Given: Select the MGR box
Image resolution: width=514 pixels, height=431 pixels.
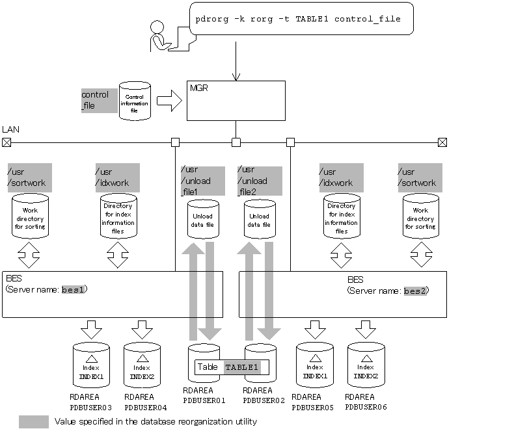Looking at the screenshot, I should click(236, 100).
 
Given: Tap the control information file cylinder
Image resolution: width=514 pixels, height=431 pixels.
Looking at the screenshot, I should click(135, 100).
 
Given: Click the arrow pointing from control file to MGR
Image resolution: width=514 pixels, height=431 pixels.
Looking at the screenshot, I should click(169, 101).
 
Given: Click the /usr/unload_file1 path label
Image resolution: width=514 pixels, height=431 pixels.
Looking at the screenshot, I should click(202, 181).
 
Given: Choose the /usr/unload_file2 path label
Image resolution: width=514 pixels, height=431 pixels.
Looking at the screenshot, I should click(260, 181).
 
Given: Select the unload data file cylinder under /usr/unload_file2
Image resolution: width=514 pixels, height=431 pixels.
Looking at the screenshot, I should click(260, 220).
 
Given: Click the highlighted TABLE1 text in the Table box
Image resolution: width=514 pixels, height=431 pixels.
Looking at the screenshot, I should click(241, 367).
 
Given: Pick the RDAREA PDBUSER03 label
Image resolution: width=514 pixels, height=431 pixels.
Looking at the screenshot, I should click(91, 402).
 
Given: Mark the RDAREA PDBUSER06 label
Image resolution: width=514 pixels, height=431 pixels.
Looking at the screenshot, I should click(366, 402).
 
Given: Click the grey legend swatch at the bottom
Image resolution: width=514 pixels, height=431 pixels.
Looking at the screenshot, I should click(34, 422).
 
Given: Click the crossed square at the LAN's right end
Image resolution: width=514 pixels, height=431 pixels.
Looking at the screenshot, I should click(442, 142).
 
